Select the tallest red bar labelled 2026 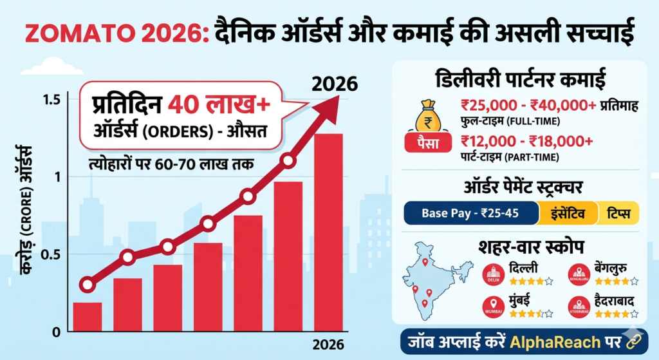328,232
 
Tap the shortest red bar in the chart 88,317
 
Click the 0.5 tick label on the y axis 51,254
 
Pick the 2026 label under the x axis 328,344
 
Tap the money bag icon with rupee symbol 426,116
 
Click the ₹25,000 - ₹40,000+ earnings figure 528,106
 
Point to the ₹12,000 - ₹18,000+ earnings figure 527,141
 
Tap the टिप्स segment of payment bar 617,213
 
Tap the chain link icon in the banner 633,340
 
